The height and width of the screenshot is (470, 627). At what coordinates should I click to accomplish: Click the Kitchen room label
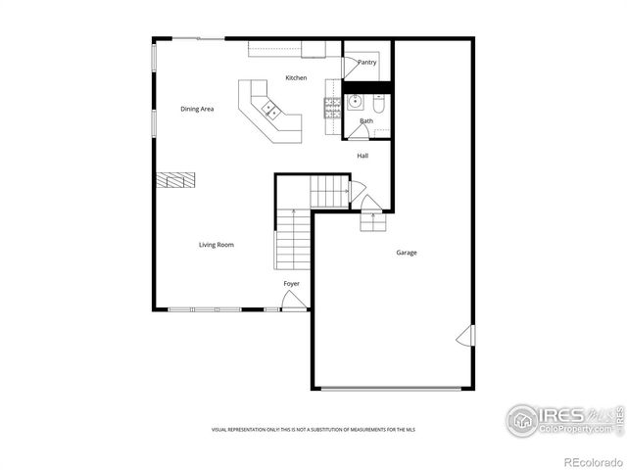tap(296, 77)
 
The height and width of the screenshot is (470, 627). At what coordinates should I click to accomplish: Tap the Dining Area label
tap(197, 109)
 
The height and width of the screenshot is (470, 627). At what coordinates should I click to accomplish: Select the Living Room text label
tap(217, 245)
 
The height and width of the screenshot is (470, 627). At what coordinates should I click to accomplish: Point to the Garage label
tap(406, 253)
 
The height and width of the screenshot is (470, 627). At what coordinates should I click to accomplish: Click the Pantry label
tap(367, 62)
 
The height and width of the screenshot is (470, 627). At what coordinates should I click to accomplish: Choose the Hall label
tap(362, 156)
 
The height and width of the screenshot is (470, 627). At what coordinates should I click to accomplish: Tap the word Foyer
tap(292, 284)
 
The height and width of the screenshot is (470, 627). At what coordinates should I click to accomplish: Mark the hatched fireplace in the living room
tap(174, 179)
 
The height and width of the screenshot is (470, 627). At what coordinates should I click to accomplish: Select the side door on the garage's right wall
tap(465, 336)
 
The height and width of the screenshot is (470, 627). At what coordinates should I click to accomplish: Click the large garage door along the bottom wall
tap(391, 389)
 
